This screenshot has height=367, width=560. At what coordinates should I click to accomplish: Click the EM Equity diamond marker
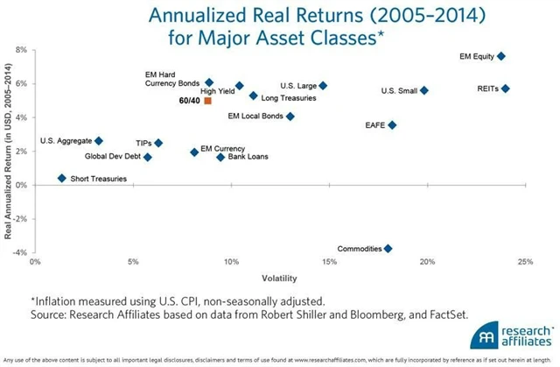point(500,56)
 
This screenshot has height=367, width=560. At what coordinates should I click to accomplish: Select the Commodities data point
point(388,249)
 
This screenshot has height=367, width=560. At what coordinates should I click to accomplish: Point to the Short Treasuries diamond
point(61,178)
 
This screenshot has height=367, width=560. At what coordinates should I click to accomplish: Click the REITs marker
point(505,88)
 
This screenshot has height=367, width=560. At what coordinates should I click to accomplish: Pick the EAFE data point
point(392,125)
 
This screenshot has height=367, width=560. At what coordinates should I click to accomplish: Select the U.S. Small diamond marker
point(424,90)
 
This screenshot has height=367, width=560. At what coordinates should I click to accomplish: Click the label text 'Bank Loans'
point(248,158)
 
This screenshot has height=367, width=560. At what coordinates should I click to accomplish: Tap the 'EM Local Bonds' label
point(255,116)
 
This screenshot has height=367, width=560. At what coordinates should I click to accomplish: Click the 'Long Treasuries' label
point(289,98)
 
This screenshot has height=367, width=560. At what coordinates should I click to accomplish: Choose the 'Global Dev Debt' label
point(112,158)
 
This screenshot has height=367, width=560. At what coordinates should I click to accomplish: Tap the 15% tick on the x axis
point(329,262)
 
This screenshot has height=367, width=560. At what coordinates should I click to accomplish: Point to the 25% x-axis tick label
point(525,262)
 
